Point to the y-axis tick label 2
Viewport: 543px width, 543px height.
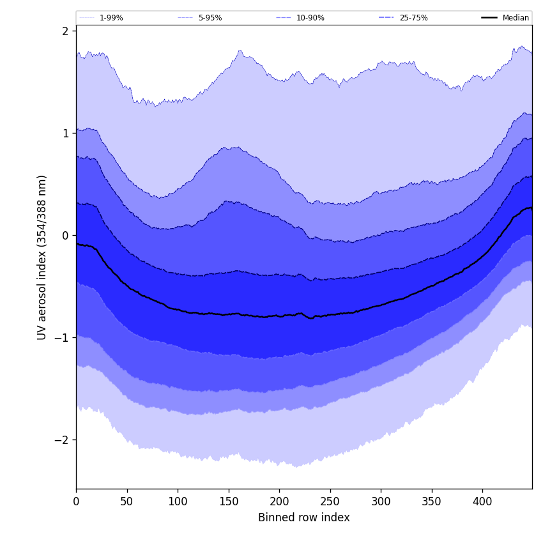[x=65, y=31]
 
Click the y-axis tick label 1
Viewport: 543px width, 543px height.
[x=65, y=134]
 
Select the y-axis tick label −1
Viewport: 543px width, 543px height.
[x=62, y=338]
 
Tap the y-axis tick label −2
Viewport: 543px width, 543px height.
[x=62, y=440]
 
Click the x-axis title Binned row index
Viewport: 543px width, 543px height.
[x=304, y=518]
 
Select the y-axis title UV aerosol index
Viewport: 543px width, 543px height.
[x=42, y=257]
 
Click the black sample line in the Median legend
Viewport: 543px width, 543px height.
[x=490, y=18]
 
